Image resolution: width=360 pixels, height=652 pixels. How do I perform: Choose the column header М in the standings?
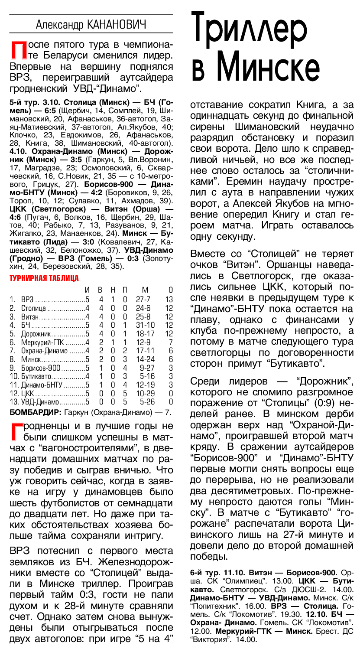(145, 290)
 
